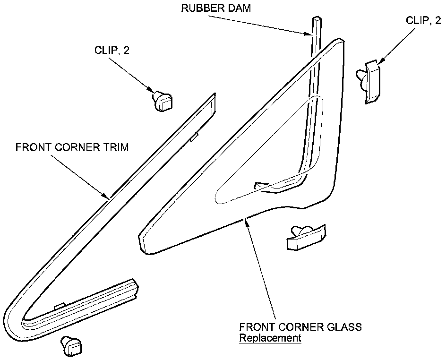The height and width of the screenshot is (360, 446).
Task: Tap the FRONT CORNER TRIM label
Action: click(72, 147)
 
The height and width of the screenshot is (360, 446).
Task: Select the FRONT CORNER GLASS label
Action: click(300, 327)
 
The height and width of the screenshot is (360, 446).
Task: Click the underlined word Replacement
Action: click(270, 338)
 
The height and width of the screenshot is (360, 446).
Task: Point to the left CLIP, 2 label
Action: click(111, 51)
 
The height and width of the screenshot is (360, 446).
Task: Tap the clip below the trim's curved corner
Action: click(72, 346)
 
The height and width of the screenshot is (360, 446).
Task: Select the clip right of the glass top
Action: click(370, 81)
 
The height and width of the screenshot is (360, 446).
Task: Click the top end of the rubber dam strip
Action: click(316, 20)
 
